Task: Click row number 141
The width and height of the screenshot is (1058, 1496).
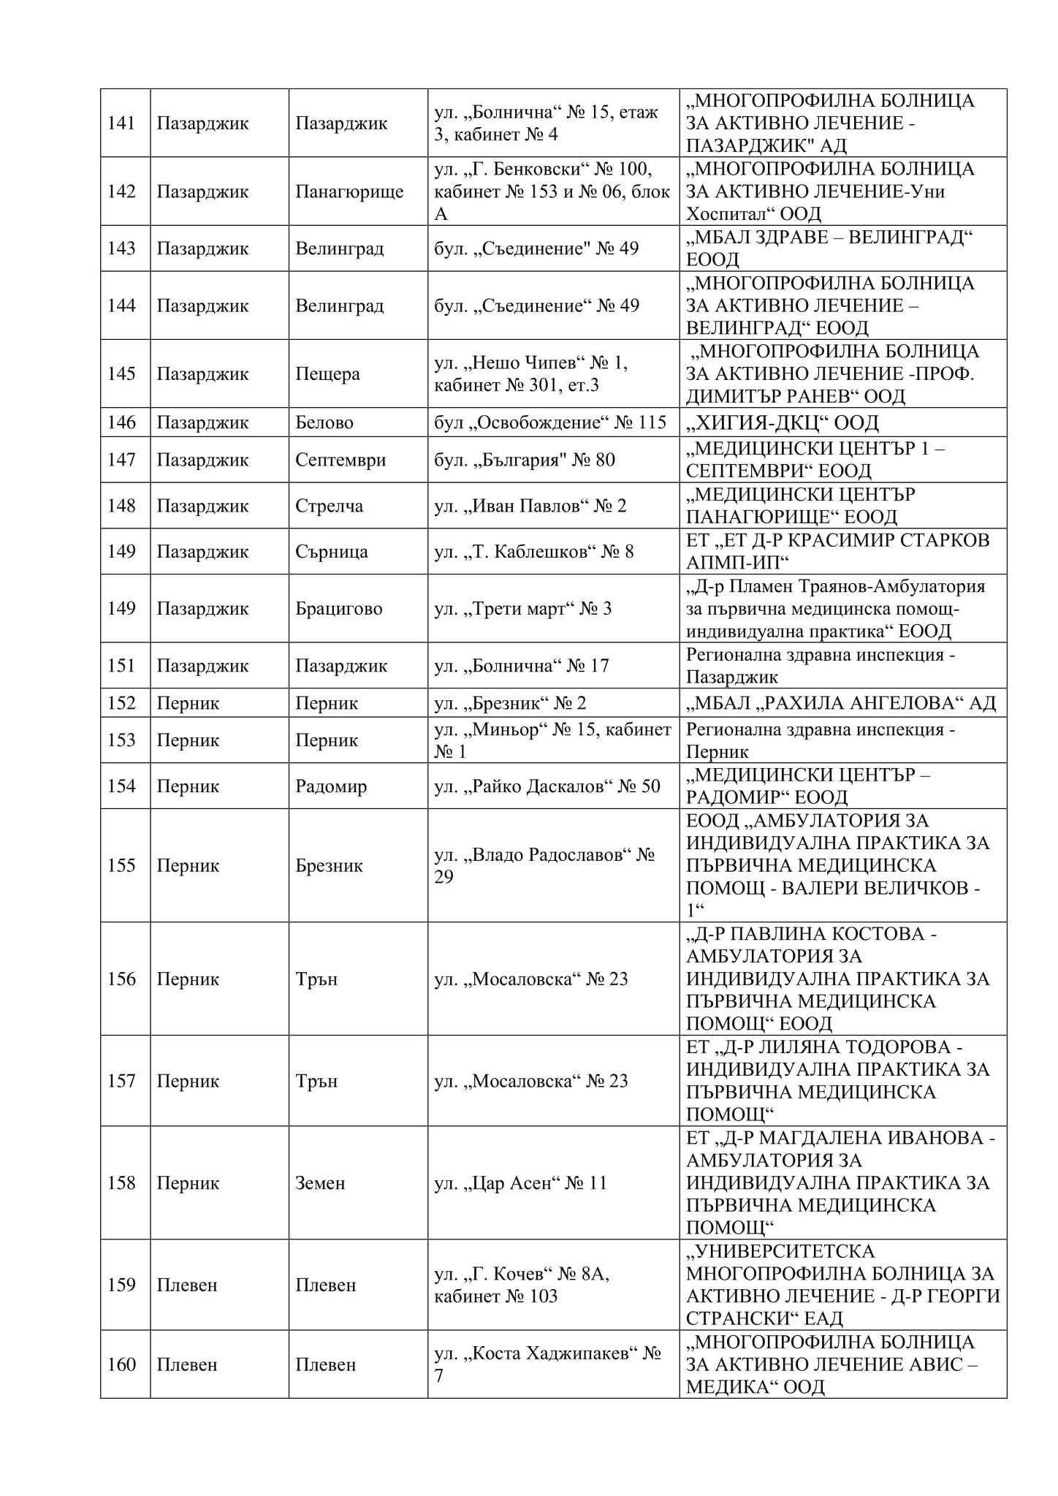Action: point(121,123)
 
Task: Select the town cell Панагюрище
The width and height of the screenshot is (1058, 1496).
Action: point(349,191)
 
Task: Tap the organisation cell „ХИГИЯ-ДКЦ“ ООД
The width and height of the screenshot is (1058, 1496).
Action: point(782,422)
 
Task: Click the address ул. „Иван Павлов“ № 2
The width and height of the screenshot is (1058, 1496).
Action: point(530,506)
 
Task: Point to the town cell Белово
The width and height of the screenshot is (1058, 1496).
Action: point(324,422)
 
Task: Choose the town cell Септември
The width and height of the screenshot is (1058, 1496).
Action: point(340,460)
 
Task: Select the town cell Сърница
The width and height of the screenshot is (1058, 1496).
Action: point(331,552)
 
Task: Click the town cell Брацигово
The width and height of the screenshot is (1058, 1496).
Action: point(338,609)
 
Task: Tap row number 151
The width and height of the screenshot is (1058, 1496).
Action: point(121,666)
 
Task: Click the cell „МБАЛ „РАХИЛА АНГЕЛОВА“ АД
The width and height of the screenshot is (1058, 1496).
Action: point(840,703)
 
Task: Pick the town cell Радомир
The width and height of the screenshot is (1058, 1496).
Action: point(330,786)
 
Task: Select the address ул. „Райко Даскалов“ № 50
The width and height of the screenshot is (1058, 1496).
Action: point(547,786)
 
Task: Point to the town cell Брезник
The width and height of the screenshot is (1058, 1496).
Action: point(329,865)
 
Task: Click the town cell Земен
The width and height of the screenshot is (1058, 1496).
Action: point(319,1183)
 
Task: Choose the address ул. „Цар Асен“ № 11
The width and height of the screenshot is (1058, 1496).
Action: point(520,1183)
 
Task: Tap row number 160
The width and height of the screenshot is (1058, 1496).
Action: point(121,1364)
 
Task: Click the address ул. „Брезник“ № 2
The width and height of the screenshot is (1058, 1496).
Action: point(510,703)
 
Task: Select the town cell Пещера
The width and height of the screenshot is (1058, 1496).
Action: point(327,374)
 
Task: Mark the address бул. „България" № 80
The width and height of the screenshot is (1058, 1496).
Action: point(524,460)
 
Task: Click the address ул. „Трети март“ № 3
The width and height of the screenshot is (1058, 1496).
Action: point(522,609)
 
